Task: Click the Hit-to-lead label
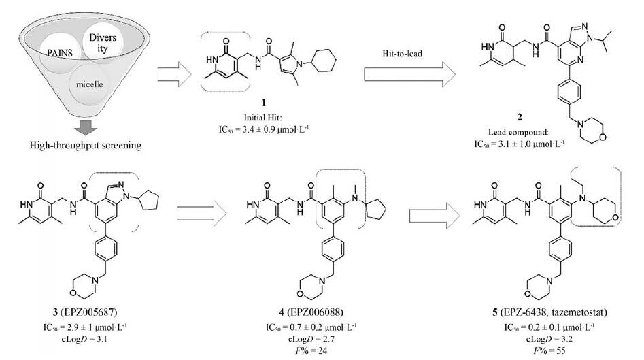(406, 51)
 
